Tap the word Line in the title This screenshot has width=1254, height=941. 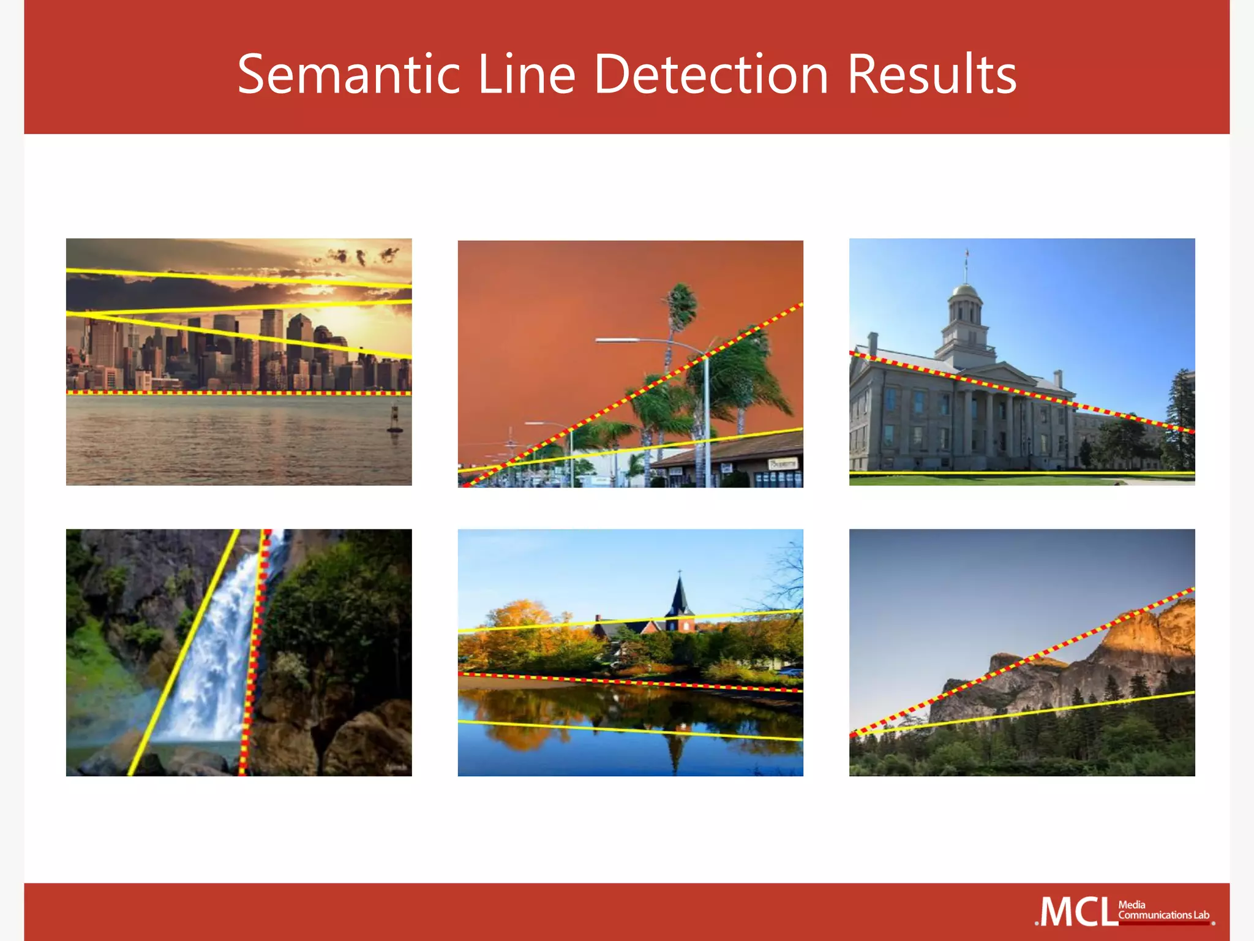pyautogui.click(x=526, y=75)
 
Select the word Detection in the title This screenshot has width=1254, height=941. pyautogui.click(x=711, y=75)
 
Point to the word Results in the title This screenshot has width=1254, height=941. pyautogui.click(x=931, y=75)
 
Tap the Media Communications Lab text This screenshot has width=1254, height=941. pyautogui.click(x=1163, y=910)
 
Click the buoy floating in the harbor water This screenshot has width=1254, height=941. pyautogui.click(x=395, y=420)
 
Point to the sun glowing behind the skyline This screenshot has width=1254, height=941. pyautogui.click(x=343, y=319)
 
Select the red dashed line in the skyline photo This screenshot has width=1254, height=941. pyautogui.click(x=239, y=392)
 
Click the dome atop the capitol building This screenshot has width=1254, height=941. pyautogui.click(x=965, y=290)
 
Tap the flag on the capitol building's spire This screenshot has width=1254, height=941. pyautogui.click(x=967, y=252)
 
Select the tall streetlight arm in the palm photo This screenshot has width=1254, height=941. pyautogui.click(x=649, y=341)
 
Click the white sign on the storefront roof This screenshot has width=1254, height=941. pyautogui.click(x=783, y=464)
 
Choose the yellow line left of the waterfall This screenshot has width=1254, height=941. pyautogui.click(x=184, y=652)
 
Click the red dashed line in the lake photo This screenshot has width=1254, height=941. pyautogui.click(x=631, y=681)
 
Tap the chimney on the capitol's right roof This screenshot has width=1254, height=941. pyautogui.click(x=1057, y=379)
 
